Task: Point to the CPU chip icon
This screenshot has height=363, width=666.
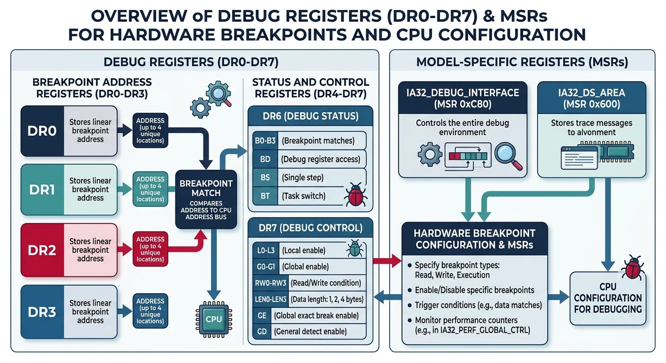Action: point(213,320)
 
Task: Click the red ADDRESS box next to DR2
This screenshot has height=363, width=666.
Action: point(150,250)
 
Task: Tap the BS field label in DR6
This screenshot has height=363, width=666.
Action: point(265,178)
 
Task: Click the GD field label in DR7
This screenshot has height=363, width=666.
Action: point(261,331)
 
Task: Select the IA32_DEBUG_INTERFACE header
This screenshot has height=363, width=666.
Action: point(463,98)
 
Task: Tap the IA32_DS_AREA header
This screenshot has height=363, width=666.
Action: point(592,98)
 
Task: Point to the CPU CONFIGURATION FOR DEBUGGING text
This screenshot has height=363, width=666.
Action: point(608,298)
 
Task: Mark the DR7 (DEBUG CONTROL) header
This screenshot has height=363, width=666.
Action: point(311,228)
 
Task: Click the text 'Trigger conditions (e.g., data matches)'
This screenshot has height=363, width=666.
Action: point(478,305)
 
